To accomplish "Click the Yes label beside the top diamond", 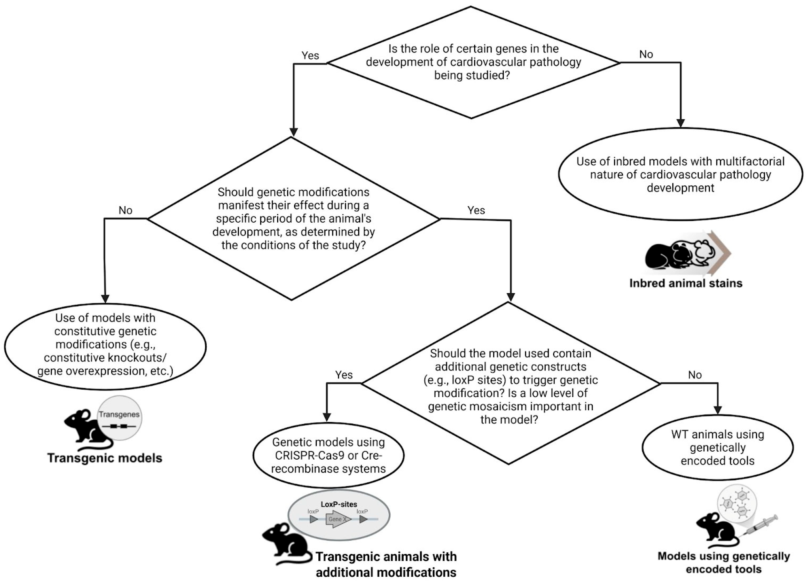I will coord(310,56).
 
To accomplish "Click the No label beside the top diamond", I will coord(646,54).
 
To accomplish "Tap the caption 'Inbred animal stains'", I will coord(686,283).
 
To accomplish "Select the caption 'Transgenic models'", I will coord(105,458).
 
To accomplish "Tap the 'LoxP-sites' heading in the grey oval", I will coord(339,504).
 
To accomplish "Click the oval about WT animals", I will coord(718,447).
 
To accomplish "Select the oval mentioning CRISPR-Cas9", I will coord(328,455).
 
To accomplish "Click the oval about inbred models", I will coord(680,175).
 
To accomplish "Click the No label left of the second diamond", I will coord(125,210).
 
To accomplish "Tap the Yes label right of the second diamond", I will coord(476,210).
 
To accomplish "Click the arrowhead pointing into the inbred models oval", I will coord(680,123).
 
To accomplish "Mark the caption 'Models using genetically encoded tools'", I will coord(724,562).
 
